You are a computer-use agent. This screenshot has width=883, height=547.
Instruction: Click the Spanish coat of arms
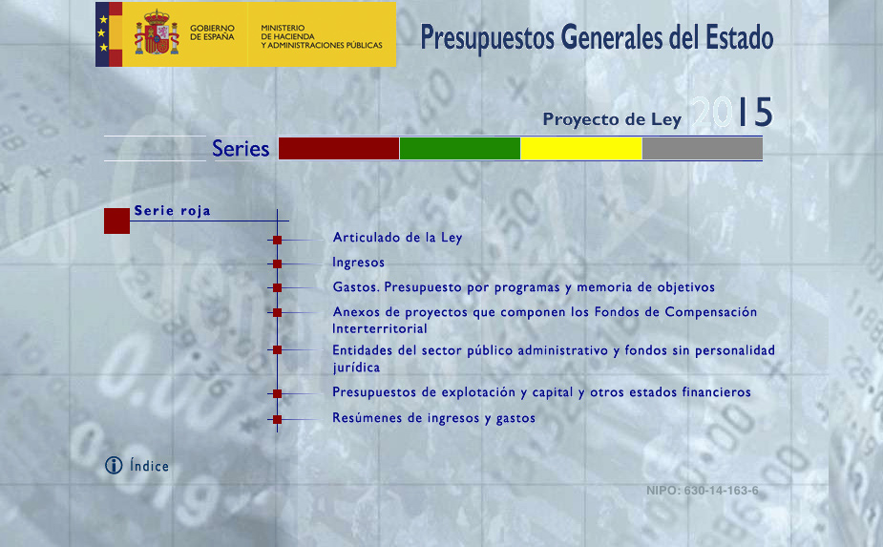coord(157,32)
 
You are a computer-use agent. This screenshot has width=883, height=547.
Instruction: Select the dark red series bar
coord(339,149)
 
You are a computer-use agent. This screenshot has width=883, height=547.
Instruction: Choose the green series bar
coord(460,149)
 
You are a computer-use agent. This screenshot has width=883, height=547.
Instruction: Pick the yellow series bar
coord(581,149)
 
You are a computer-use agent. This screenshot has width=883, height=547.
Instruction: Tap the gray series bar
coord(703,149)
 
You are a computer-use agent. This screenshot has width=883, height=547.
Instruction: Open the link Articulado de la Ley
coord(397,237)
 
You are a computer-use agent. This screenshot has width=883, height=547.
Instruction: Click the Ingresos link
coord(358,263)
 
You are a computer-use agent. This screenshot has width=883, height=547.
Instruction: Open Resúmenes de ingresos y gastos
coord(433,418)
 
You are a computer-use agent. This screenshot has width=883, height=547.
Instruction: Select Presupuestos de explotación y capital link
coord(542,392)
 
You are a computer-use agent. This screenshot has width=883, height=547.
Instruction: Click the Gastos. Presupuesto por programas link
coord(524,287)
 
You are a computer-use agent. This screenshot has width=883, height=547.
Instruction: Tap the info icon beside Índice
coord(114,465)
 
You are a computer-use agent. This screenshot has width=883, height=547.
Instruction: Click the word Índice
coord(149,465)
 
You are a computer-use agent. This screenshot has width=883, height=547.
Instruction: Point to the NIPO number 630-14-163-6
coord(703,491)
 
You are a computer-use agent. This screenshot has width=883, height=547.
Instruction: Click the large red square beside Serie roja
coord(116,221)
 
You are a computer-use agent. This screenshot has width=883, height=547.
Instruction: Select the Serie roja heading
coord(173,211)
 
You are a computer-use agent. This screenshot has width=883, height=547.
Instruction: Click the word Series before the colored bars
coord(241,149)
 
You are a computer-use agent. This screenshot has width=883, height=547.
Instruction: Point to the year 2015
coord(732,112)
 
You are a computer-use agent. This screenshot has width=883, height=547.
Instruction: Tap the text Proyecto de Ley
coord(612,119)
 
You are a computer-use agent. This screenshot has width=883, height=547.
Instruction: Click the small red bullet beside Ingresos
coord(277,263)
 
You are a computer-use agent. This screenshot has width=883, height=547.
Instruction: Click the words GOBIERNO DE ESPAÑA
coord(212,32)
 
